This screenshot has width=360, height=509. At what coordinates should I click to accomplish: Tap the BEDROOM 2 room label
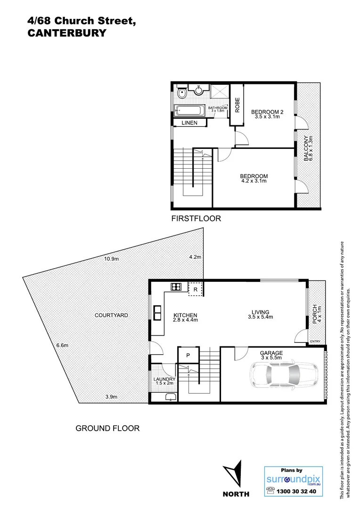267,112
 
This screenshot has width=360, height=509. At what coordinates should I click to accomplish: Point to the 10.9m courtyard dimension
112,258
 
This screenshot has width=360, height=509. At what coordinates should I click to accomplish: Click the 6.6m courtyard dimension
62,345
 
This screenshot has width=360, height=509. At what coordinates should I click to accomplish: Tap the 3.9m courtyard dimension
111,397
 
